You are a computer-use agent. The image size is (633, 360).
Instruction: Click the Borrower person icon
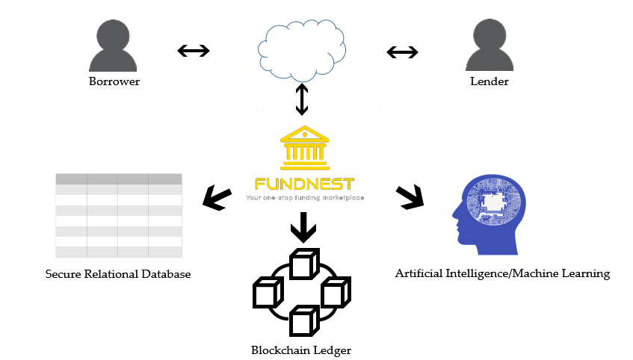114,46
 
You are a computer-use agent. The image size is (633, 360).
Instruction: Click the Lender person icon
490,46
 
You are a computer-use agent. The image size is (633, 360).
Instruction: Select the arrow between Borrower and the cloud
194,51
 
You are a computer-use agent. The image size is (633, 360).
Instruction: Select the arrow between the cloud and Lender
402,52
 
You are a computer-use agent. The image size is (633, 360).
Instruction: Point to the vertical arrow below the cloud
301,99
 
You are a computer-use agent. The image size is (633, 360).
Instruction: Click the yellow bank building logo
304,149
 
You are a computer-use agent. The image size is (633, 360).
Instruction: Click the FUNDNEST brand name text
304,184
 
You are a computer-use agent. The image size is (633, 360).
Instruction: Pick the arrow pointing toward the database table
217,198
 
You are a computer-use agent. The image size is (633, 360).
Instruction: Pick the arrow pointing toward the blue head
410,196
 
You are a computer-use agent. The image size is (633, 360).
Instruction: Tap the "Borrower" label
114,81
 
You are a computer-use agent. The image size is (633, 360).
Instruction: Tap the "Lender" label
490,81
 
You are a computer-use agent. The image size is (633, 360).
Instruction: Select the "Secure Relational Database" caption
118,274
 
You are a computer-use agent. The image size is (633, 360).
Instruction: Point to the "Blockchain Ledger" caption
301,350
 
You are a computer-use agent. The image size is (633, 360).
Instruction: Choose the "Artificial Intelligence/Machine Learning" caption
502,273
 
